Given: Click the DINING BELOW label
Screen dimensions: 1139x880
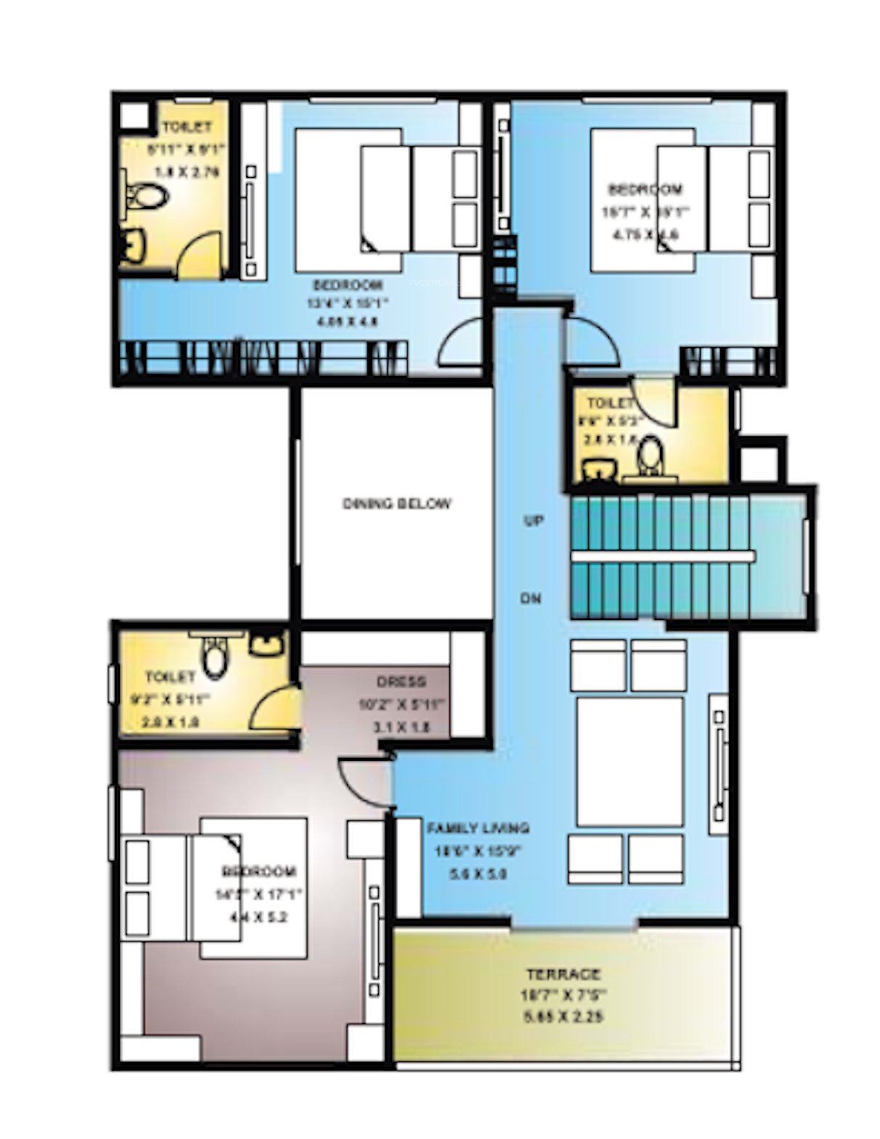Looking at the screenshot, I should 396,503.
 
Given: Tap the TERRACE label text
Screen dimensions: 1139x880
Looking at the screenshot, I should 563,973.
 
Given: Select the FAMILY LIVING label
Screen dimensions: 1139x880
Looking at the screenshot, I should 478,828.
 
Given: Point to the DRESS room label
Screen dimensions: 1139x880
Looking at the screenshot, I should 401,682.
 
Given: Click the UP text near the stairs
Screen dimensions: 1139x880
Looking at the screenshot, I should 534,520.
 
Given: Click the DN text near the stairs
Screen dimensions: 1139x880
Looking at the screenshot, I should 531,599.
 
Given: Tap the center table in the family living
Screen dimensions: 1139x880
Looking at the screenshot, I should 630,762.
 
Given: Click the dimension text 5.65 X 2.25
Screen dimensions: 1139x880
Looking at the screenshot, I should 563,1017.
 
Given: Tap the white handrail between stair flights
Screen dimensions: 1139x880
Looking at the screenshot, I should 662,556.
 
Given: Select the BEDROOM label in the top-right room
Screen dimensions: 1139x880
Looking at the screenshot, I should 645,189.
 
